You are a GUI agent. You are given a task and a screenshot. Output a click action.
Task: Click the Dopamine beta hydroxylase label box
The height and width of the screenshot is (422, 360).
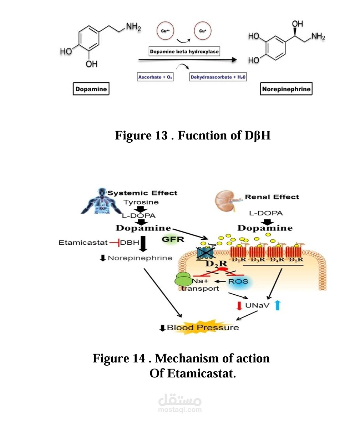click(184, 52)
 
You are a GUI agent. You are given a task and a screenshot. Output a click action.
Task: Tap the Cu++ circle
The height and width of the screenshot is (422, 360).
click(165, 31)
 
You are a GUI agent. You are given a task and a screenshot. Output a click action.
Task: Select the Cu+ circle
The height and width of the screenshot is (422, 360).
click(203, 31)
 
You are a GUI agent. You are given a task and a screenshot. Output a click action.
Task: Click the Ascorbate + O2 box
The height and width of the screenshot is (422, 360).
click(156, 77)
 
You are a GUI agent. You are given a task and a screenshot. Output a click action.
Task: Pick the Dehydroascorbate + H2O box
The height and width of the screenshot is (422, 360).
click(218, 77)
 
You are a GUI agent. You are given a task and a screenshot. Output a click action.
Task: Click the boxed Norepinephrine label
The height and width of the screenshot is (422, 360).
click(286, 89)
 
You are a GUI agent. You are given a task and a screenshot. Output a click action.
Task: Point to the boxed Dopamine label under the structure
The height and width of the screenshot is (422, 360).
click(91, 89)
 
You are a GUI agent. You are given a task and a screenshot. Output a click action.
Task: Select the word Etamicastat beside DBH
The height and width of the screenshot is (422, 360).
click(83, 243)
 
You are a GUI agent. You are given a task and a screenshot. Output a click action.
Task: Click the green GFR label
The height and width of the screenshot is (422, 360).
click(173, 239)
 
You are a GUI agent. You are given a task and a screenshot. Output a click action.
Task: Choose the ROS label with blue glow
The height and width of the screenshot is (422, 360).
click(238, 281)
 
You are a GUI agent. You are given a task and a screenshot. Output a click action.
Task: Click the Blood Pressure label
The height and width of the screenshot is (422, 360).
click(203, 327)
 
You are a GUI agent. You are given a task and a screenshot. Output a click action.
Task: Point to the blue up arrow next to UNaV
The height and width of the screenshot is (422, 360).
click(278, 305)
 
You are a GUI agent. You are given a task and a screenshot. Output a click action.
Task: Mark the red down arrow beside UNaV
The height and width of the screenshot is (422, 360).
click(239, 306)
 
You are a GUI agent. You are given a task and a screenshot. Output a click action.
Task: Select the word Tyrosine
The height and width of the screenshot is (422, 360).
click(141, 202)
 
